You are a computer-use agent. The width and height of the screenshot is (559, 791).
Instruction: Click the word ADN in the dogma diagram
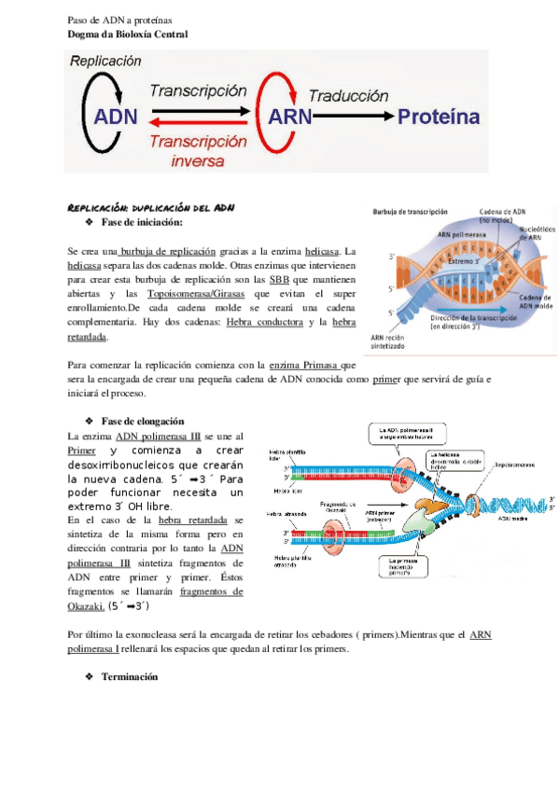pos(117,118)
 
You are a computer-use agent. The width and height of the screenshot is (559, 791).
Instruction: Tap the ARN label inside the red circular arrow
pos(296,118)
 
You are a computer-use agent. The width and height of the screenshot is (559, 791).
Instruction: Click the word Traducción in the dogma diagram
pos(347,96)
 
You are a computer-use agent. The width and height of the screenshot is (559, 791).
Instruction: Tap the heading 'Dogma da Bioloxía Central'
pos(129,35)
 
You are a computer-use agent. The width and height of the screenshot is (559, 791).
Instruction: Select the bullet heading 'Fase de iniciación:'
pos(141,222)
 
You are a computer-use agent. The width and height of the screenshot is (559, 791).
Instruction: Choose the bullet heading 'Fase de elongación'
pos(142,421)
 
